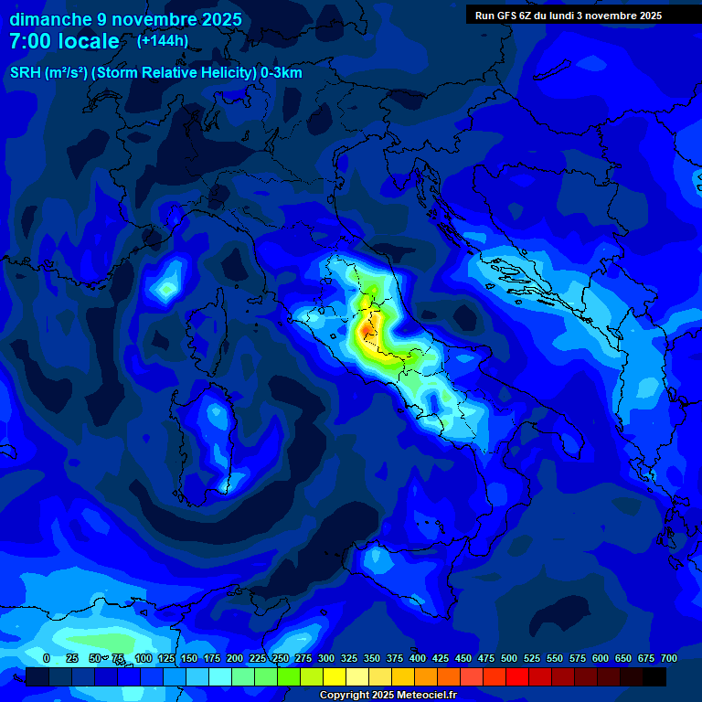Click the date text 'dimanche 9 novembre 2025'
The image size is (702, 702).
[125, 19]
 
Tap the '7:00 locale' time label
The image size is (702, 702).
[64, 41]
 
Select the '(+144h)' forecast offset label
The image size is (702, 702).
[162, 40]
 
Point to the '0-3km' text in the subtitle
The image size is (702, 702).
[282, 73]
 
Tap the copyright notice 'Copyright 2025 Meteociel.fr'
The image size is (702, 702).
[388, 696]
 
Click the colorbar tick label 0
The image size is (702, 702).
[47, 659]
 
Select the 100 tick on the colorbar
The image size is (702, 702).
[144, 659]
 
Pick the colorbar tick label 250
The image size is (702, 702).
[281, 659]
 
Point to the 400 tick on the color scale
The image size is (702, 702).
[418, 659]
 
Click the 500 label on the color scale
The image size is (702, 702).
[509, 659]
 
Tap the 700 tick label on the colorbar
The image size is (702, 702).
[669, 659]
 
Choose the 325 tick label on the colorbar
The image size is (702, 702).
[349, 659]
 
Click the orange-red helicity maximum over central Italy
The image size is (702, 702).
[367, 325]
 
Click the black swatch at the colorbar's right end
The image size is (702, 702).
[654, 677]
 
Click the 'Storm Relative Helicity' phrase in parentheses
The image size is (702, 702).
[175, 73]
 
